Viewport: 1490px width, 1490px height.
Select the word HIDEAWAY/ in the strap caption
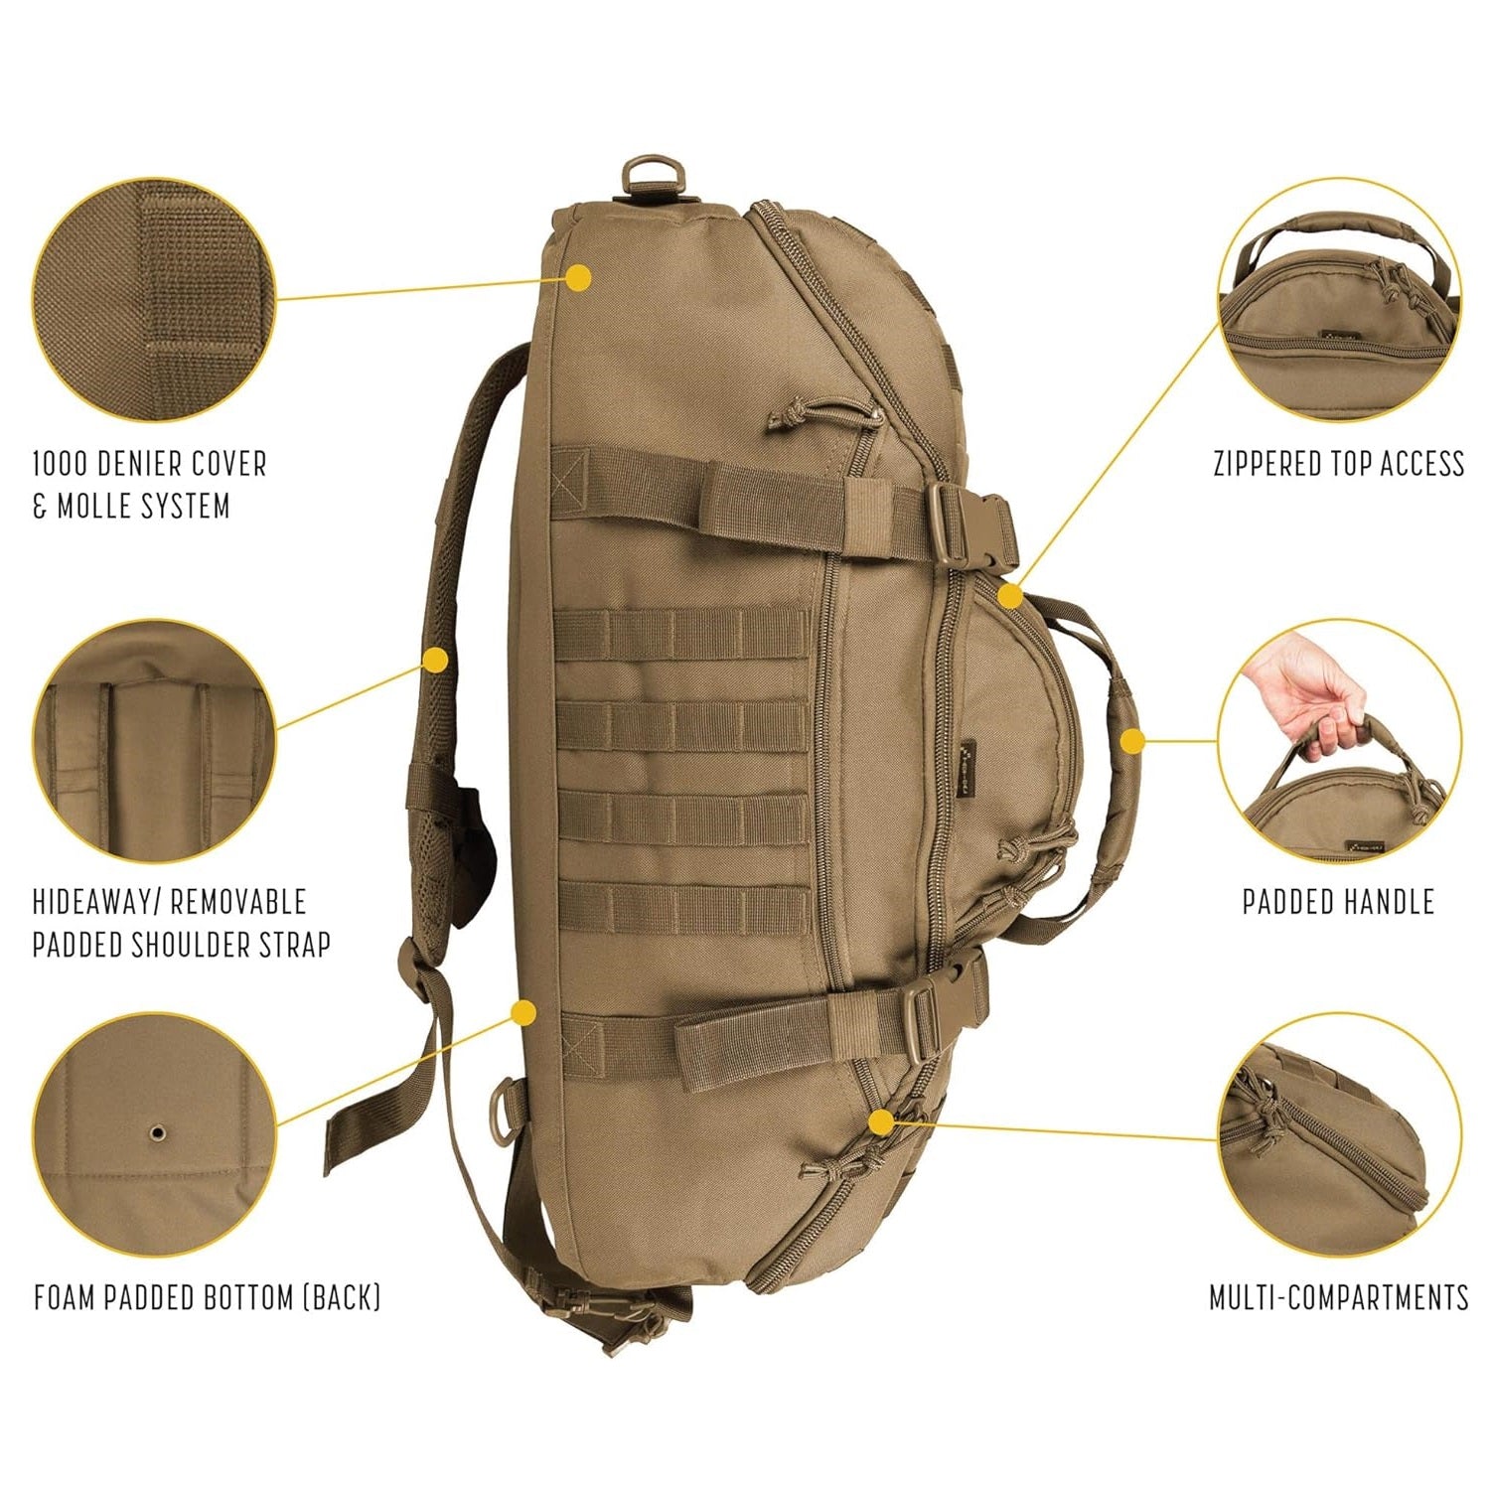tap(96, 902)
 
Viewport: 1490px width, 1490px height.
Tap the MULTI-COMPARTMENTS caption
tap(1338, 1297)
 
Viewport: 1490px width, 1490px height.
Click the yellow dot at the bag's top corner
tap(579, 278)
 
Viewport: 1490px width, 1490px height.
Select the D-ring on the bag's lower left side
tap(508, 1113)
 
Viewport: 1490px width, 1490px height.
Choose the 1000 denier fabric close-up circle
tap(154, 299)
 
